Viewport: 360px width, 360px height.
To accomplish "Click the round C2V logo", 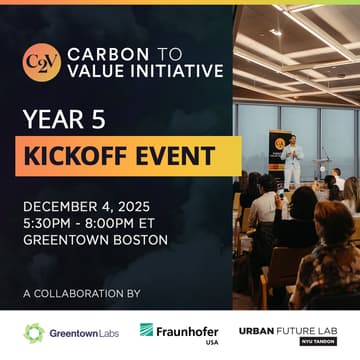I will [x=41, y=61].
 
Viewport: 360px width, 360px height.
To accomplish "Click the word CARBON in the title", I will [x=97, y=52].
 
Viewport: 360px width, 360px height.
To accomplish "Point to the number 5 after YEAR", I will [x=100, y=120].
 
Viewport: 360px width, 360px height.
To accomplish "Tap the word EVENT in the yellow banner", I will [x=178, y=156].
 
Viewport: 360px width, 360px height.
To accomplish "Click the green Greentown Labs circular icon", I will [x=34, y=332].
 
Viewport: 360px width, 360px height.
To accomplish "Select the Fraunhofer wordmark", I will [x=188, y=329].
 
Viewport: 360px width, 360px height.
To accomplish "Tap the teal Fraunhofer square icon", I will [x=147, y=329].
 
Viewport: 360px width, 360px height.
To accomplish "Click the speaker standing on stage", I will [x=290, y=161].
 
